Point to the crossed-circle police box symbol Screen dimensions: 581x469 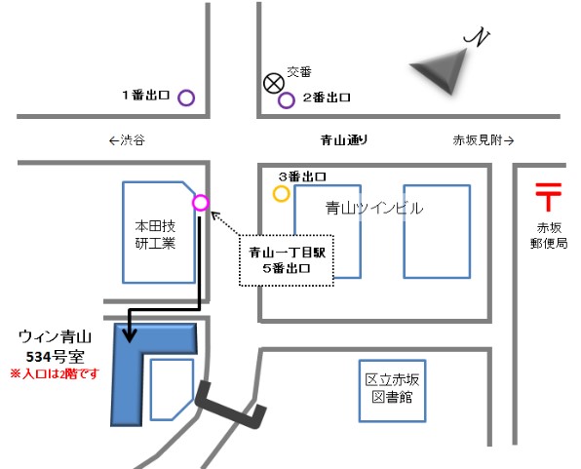point(274,83)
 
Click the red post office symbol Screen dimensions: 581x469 point(549,197)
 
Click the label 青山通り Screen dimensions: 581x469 point(344,140)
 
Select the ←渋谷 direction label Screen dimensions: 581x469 point(127,140)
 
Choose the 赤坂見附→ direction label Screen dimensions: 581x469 point(484,140)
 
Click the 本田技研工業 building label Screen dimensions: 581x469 point(155,234)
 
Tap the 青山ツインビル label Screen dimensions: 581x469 point(374,208)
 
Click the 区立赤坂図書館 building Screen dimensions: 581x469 point(393,391)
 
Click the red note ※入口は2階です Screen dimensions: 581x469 point(55,373)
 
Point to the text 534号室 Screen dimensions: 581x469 point(56,357)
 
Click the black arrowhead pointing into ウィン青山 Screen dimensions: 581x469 point(130,335)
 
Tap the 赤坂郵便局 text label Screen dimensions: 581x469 point(549,235)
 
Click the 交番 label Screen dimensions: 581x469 point(299,71)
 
